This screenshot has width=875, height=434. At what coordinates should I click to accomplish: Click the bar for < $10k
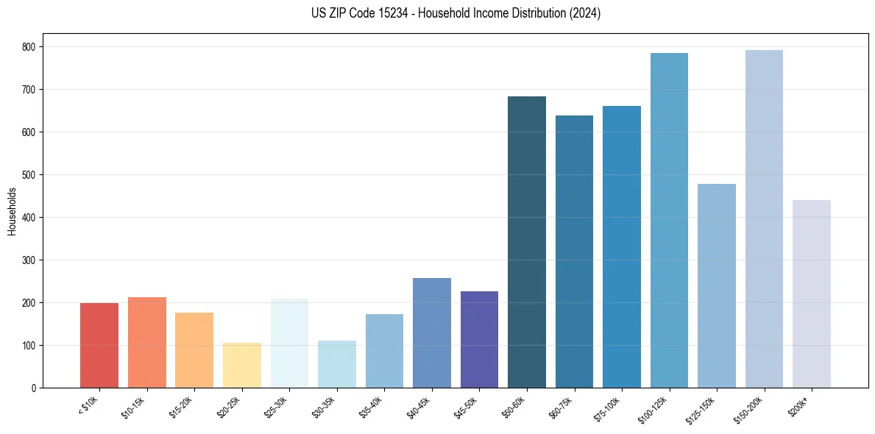click(x=99, y=345)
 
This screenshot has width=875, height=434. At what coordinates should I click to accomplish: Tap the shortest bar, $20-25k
click(x=242, y=365)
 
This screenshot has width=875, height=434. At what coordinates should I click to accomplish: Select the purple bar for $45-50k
click(x=479, y=339)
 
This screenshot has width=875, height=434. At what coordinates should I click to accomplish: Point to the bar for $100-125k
click(x=669, y=220)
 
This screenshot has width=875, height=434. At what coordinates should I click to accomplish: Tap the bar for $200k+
click(x=812, y=294)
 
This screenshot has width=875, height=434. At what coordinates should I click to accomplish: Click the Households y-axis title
click(x=12, y=211)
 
